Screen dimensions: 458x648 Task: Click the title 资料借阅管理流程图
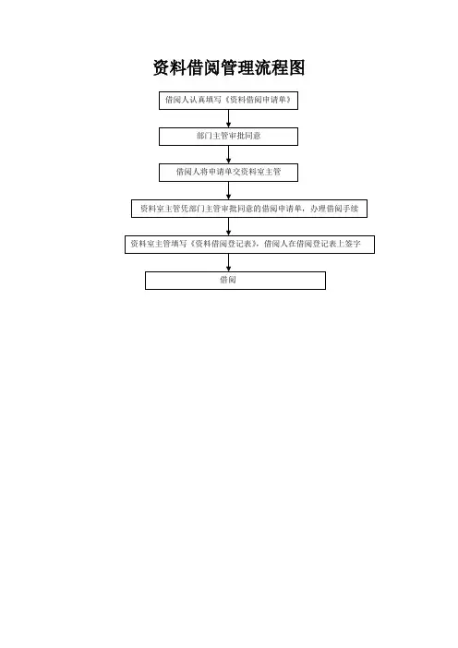(229, 67)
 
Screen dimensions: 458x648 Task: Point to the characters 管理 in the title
(237, 67)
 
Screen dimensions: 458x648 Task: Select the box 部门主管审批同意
(229, 137)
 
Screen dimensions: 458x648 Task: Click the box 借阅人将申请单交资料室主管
(229, 173)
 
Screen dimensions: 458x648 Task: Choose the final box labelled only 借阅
(235, 281)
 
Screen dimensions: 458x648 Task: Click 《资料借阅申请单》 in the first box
(257, 100)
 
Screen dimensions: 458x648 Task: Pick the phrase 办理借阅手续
(334, 209)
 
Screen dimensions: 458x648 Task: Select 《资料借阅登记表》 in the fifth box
(223, 244)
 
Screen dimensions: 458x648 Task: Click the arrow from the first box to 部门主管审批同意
(229, 118)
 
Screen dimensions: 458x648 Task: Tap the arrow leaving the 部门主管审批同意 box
(229, 154)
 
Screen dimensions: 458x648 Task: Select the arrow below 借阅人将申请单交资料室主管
(229, 190)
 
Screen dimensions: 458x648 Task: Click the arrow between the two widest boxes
(229, 226)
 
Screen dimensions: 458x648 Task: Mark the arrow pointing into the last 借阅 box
(229, 262)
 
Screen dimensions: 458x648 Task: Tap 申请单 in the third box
(221, 172)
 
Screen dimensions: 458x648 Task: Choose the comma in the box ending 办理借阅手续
(305, 210)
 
